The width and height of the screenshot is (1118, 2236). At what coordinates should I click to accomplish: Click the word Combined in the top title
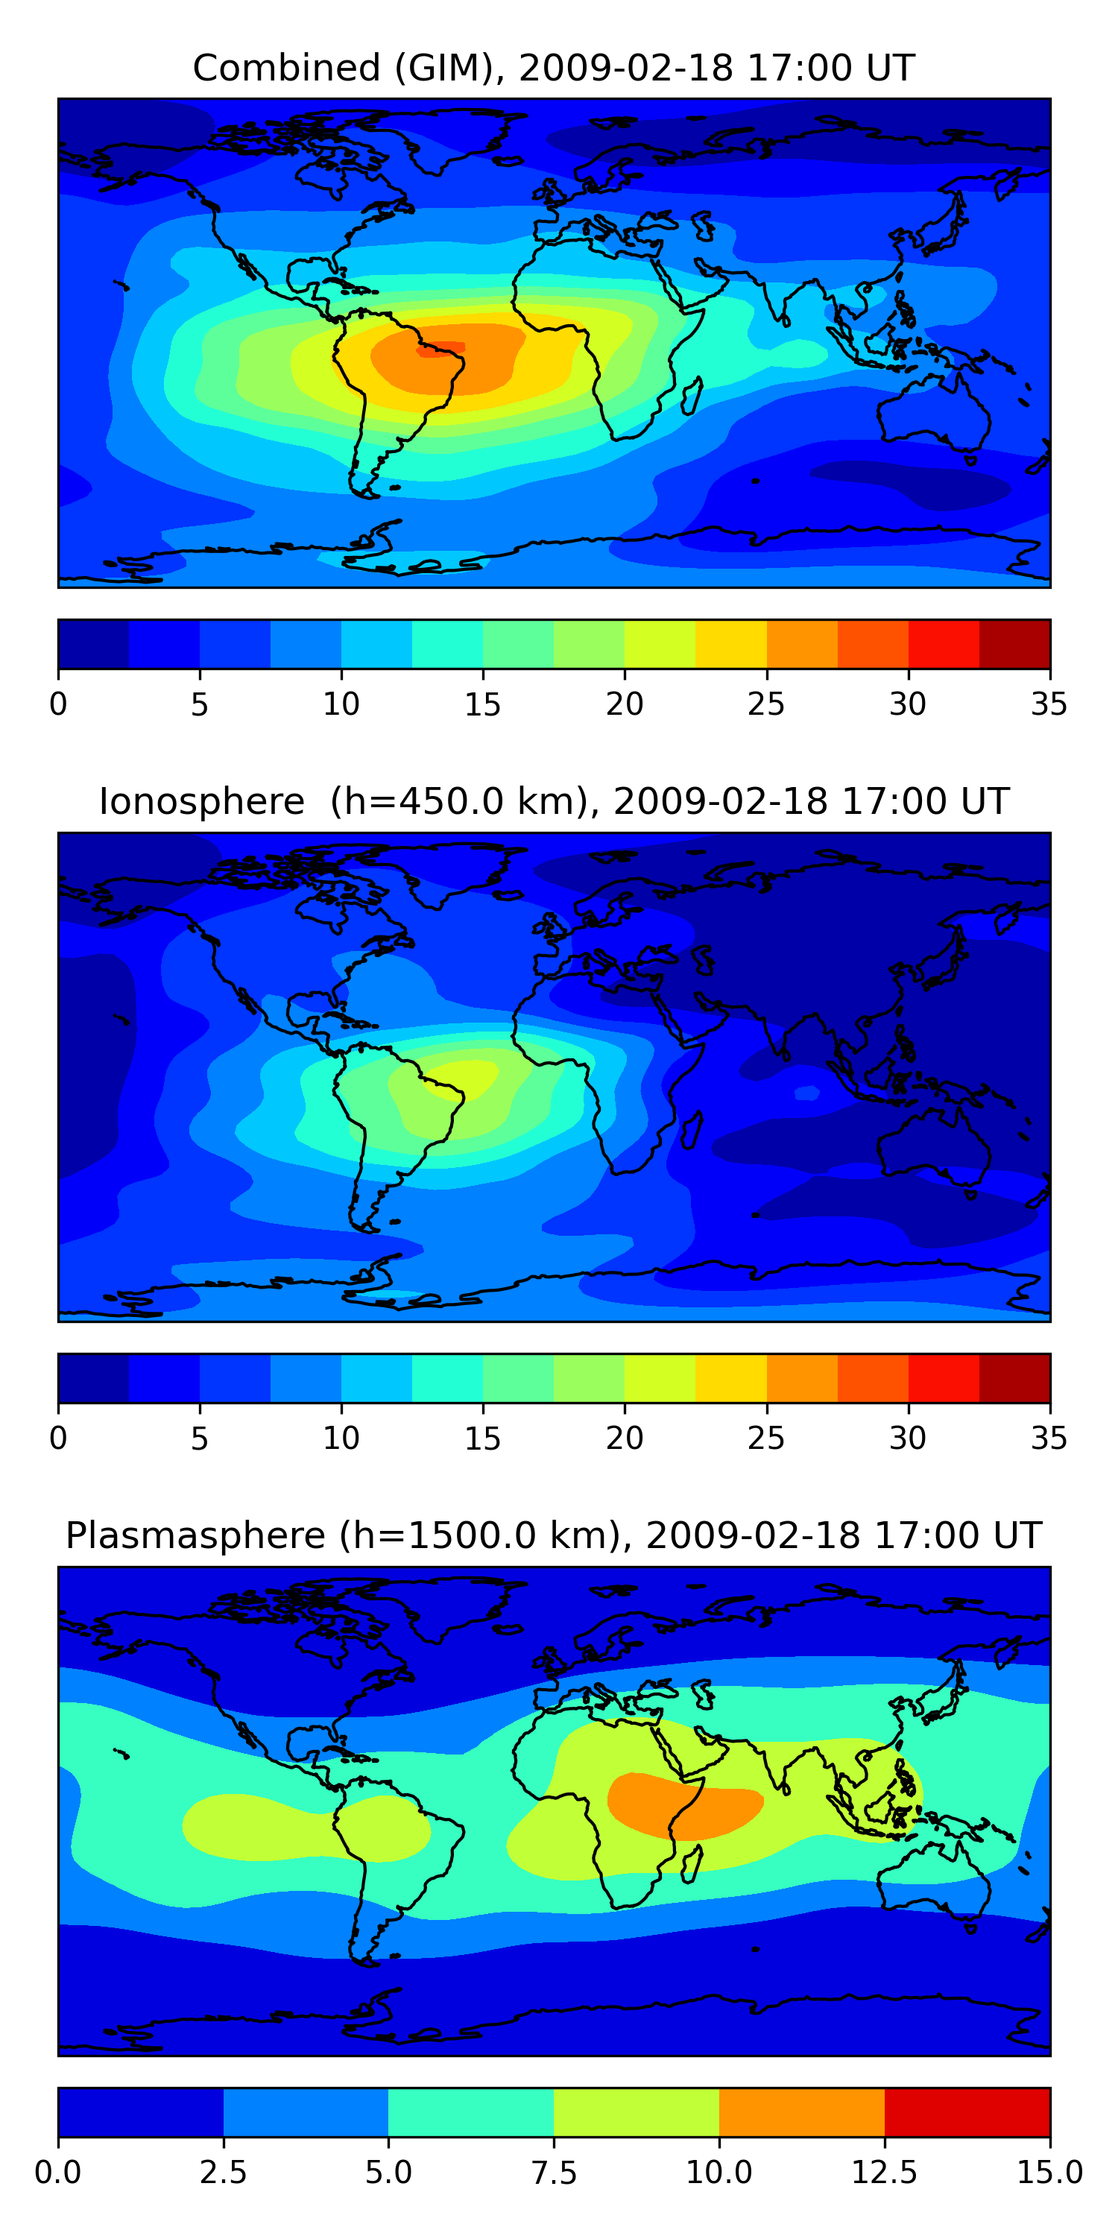coord(286,68)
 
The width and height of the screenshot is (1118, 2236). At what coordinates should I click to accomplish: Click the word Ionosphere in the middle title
coord(201,801)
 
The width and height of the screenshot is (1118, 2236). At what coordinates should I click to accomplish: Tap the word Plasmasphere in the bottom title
coord(195,1535)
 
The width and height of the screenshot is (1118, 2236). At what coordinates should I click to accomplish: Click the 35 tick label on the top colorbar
coord(1049,704)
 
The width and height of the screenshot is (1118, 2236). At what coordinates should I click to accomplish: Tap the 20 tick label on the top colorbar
coord(624,704)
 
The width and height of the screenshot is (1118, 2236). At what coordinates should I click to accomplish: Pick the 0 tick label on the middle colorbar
coord(58,1438)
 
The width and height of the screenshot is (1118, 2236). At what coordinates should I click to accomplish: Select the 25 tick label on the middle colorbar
coord(765,1438)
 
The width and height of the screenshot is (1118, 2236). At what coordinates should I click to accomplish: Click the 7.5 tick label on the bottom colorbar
coord(554,2173)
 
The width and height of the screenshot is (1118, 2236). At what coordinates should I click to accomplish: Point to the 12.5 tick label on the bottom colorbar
coord(885,2173)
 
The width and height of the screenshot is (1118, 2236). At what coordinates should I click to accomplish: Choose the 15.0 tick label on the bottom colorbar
coord(1049,2173)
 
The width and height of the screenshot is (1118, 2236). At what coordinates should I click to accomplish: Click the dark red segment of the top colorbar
coord(1014,644)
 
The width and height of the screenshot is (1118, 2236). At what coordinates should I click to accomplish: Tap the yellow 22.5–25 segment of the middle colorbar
coord(731,1378)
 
